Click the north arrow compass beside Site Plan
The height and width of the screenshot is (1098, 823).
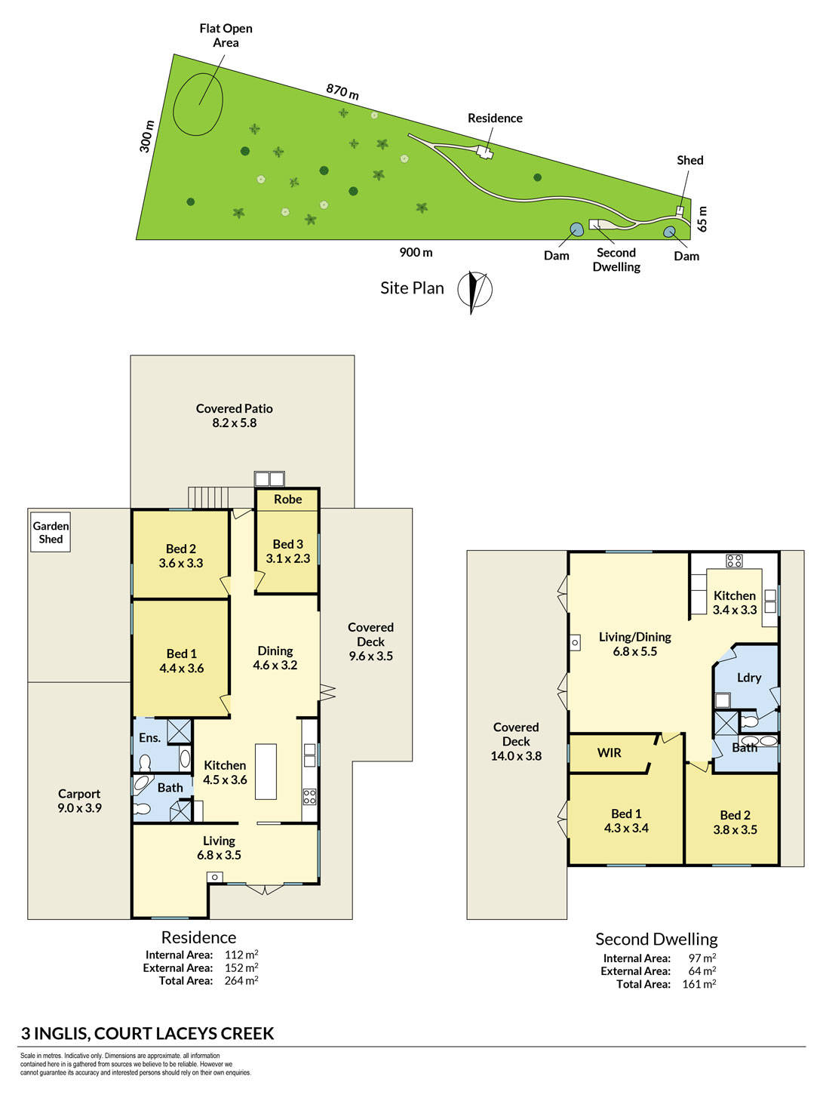(x=474, y=290)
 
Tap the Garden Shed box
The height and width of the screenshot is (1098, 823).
(x=50, y=532)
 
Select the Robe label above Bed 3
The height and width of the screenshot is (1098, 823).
(x=287, y=500)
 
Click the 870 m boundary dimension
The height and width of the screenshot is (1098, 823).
(x=342, y=91)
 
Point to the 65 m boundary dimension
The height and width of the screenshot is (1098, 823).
(x=702, y=219)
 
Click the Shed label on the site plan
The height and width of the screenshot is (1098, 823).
(x=689, y=160)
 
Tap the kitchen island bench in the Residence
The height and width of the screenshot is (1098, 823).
(x=266, y=771)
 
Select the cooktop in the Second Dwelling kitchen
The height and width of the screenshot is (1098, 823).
(x=733, y=561)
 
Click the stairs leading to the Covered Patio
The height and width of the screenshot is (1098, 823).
(x=208, y=498)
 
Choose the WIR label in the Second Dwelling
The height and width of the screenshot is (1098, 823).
(x=609, y=753)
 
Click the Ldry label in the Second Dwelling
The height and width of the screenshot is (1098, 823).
(x=748, y=678)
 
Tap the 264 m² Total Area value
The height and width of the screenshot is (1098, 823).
(x=241, y=980)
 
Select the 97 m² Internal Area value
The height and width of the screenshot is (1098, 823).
(x=702, y=958)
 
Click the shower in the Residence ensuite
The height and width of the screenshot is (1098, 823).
(x=179, y=731)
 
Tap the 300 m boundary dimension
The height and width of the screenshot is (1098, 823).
(x=146, y=136)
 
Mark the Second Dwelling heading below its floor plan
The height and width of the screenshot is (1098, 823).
(x=656, y=940)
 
